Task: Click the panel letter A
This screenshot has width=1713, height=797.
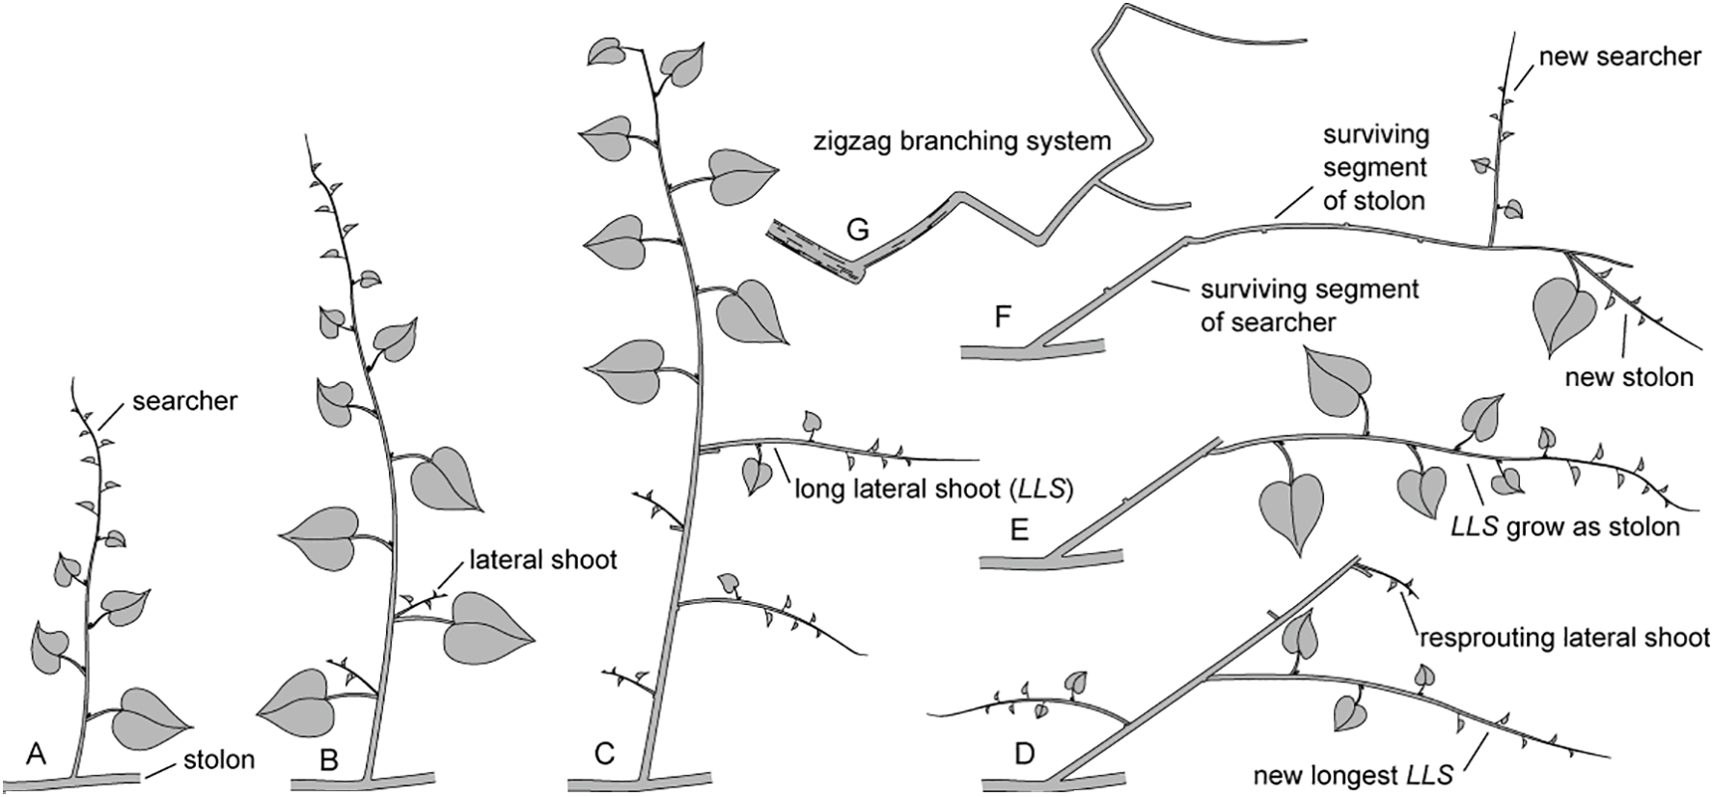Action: [36, 754]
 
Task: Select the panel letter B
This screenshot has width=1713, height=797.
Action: [328, 759]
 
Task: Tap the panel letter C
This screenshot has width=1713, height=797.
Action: [604, 754]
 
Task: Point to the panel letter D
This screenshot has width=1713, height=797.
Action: [1025, 752]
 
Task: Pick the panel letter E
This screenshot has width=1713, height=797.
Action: [1019, 530]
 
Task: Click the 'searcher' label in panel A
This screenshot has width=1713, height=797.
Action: [185, 400]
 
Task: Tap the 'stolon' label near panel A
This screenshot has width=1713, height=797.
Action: [219, 759]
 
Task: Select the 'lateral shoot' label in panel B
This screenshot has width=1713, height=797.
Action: [542, 560]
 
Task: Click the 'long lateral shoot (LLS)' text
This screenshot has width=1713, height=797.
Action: [934, 489]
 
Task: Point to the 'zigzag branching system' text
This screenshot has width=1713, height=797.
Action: [959, 141]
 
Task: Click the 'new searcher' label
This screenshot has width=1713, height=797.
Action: [1619, 57]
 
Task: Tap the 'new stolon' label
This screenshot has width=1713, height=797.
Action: [1629, 376]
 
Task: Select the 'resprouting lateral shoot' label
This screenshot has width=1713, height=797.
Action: [1563, 638]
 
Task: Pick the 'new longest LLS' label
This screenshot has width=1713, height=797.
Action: [1353, 774]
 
